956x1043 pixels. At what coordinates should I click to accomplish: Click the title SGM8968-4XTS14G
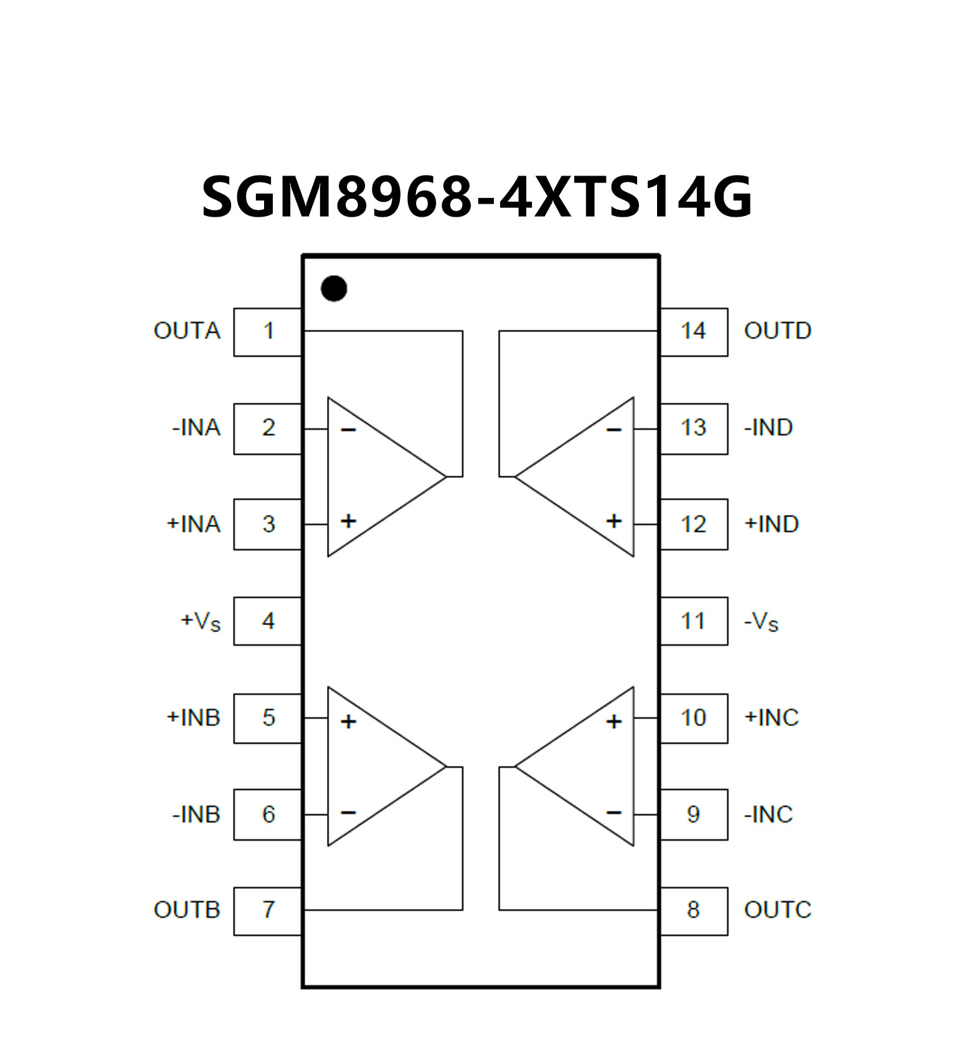coord(477,196)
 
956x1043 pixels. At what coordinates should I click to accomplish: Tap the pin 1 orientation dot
coord(334,288)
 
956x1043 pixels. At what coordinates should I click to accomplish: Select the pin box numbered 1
coord(268,331)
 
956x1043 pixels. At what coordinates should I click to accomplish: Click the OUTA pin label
coord(187,331)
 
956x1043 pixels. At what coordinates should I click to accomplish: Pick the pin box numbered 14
coord(693,331)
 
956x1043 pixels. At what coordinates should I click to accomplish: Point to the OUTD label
coord(777,331)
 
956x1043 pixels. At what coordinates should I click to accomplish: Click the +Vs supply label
coord(201,621)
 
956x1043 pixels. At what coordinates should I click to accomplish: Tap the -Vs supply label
coord(761,621)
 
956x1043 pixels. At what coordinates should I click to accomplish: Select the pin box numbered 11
coord(693,621)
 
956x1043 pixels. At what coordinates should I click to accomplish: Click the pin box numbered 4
coord(268,621)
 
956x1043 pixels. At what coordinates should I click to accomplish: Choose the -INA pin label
coord(196,428)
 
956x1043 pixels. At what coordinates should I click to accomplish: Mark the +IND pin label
coord(772,524)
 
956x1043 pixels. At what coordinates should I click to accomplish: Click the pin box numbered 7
coord(268,910)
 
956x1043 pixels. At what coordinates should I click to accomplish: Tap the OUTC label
coord(777,910)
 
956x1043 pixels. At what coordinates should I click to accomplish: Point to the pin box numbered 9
coord(693,814)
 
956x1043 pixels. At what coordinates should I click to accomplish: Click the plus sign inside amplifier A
coord(348,521)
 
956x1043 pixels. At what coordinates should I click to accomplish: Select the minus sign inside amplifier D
coord(614,430)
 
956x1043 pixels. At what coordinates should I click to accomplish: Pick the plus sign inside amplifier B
coord(348,721)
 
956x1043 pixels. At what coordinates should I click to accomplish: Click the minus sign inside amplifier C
coord(614,812)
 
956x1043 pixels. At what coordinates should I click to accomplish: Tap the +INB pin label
coord(193,718)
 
